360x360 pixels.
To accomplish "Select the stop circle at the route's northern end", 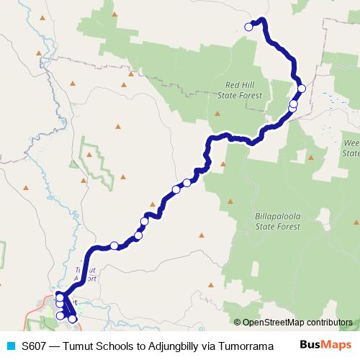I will coord(249,27).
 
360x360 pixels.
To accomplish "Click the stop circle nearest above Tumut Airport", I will coord(114,246).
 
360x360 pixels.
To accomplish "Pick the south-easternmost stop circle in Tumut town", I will coord(72,318).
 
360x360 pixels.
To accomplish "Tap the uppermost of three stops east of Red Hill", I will coord(302,88).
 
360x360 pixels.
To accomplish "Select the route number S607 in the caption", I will coord(35,345).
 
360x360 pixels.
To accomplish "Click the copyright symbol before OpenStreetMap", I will coord(238,323).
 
